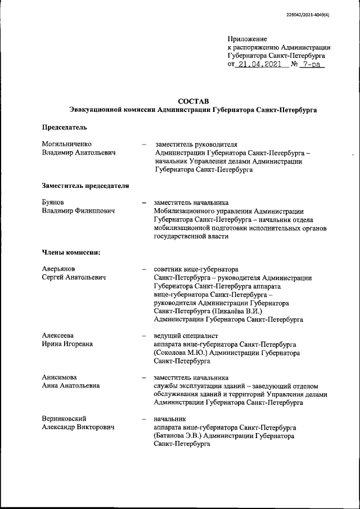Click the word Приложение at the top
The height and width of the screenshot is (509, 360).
[x=246, y=39]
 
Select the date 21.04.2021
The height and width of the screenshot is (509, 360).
[x=259, y=65]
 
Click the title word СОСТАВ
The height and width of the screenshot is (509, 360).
[x=192, y=100]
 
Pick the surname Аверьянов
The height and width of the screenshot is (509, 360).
[x=62, y=269]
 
